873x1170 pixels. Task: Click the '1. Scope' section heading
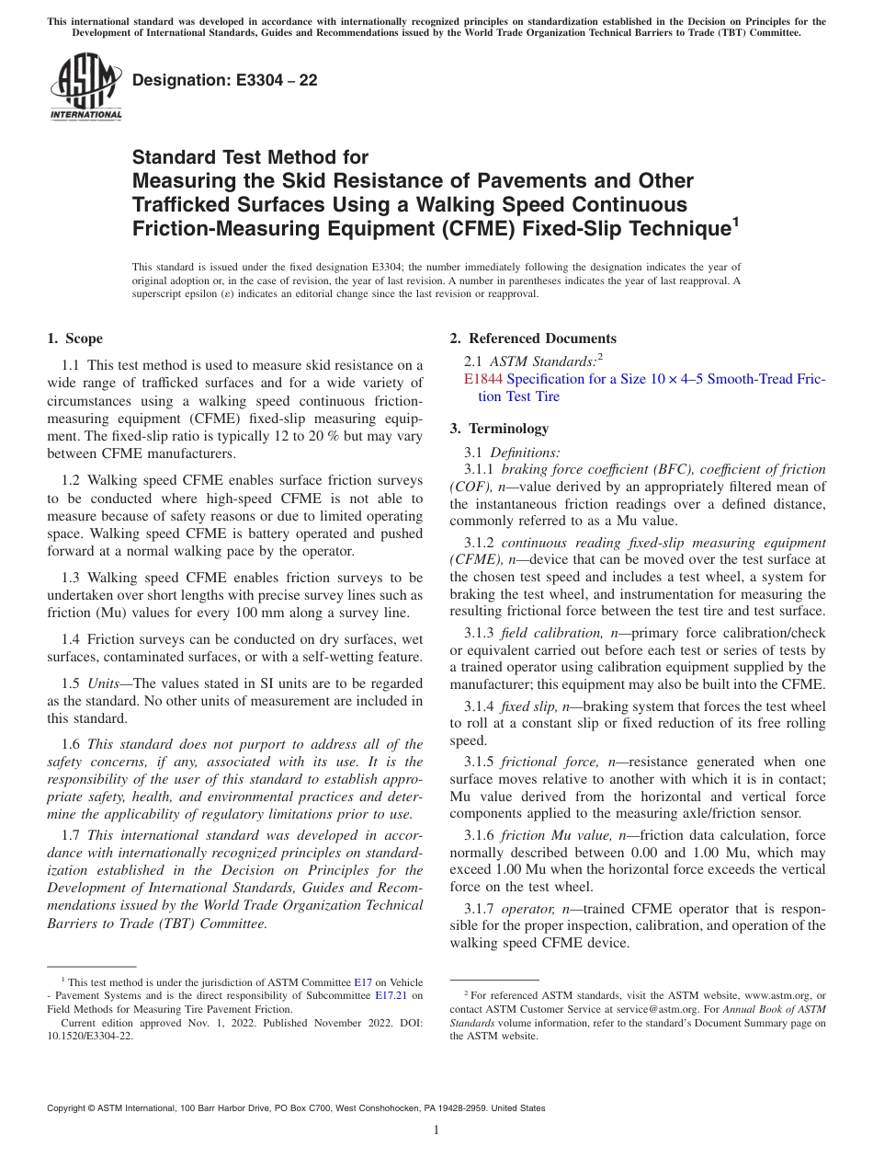point(75,338)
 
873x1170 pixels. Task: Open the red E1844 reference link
point(483,379)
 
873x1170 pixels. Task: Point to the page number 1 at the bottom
point(436,1130)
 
